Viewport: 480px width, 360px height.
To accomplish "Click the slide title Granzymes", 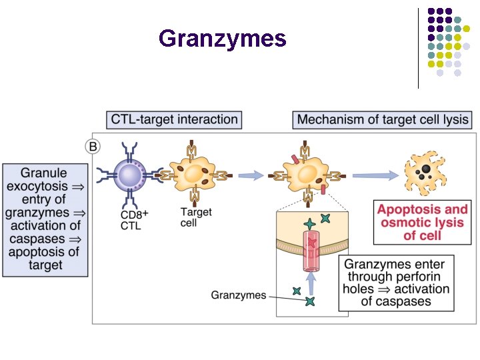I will tap(223, 39).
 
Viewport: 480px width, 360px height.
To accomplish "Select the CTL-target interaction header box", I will tap(174, 120).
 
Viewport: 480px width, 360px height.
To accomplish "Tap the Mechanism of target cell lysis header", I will tap(383, 120).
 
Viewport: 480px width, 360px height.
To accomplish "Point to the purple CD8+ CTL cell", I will tap(128, 175).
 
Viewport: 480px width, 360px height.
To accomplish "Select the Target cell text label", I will tap(197, 217).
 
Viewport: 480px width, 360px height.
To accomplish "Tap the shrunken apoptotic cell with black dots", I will tap(424, 175).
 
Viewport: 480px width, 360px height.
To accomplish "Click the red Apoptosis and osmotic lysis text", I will tap(423, 222).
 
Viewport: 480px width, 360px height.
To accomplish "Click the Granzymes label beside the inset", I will tap(238, 295).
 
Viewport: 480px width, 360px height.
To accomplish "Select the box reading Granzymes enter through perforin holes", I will tap(396, 282).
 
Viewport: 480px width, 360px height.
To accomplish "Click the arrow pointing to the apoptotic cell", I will tap(375, 176).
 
